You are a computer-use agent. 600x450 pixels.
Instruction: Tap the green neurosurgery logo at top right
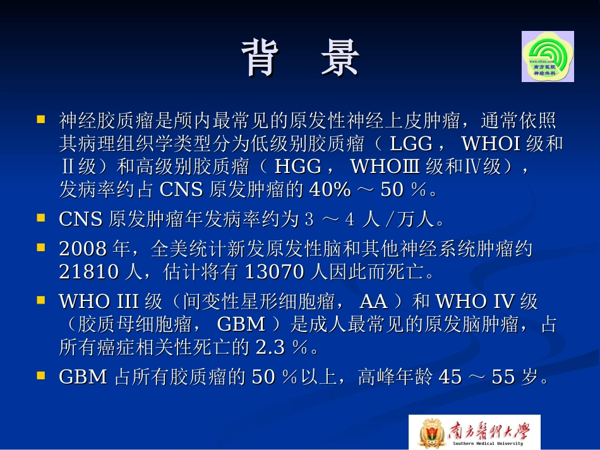(548, 56)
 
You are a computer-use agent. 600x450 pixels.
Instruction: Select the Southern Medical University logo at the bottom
(474, 432)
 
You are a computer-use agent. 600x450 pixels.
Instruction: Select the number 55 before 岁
(503, 377)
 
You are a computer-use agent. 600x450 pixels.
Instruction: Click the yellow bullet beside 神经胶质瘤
(41, 119)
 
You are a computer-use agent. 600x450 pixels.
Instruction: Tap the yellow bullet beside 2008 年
(41, 247)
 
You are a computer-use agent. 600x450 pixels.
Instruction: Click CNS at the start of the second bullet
(80, 219)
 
